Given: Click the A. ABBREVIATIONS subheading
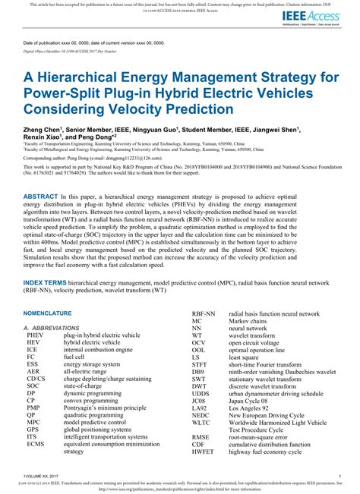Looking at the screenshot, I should (55, 327).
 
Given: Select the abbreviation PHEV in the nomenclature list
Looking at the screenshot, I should (35, 335).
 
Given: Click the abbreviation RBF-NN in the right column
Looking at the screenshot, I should (204, 313).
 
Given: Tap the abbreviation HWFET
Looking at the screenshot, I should (203, 451).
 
